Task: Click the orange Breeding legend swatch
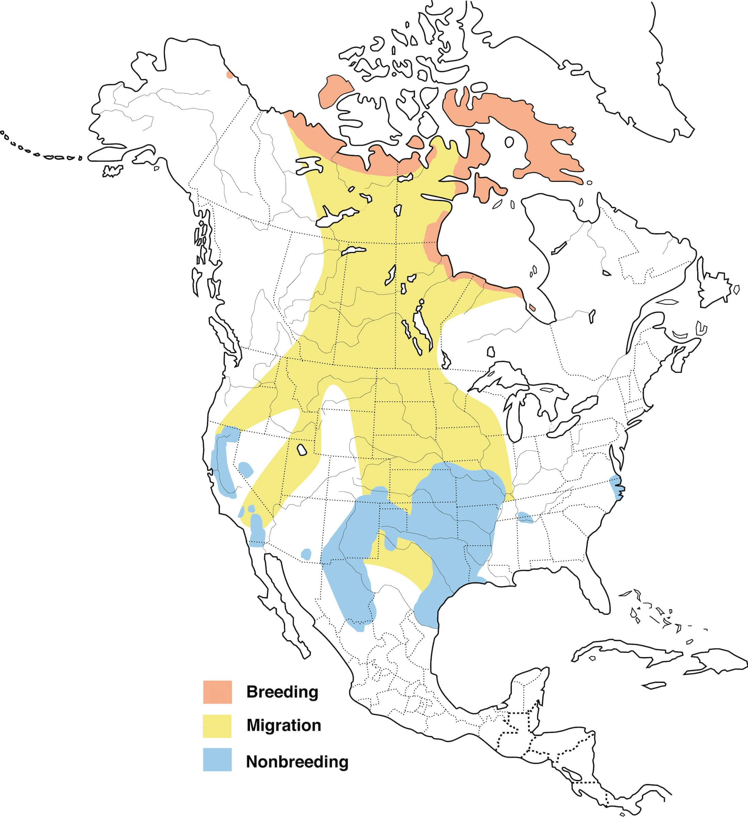pos(217,692)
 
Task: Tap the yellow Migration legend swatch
pos(217,726)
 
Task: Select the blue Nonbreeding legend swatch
pos(217,759)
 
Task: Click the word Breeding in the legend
pos(282,692)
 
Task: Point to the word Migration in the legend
pos(284,725)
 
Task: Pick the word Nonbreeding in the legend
pos(297,762)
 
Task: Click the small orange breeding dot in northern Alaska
pos(230,75)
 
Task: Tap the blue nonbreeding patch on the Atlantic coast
pos(616,486)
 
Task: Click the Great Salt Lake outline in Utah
pos(302,450)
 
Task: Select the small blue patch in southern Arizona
pos(306,554)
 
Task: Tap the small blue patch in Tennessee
pos(525,517)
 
